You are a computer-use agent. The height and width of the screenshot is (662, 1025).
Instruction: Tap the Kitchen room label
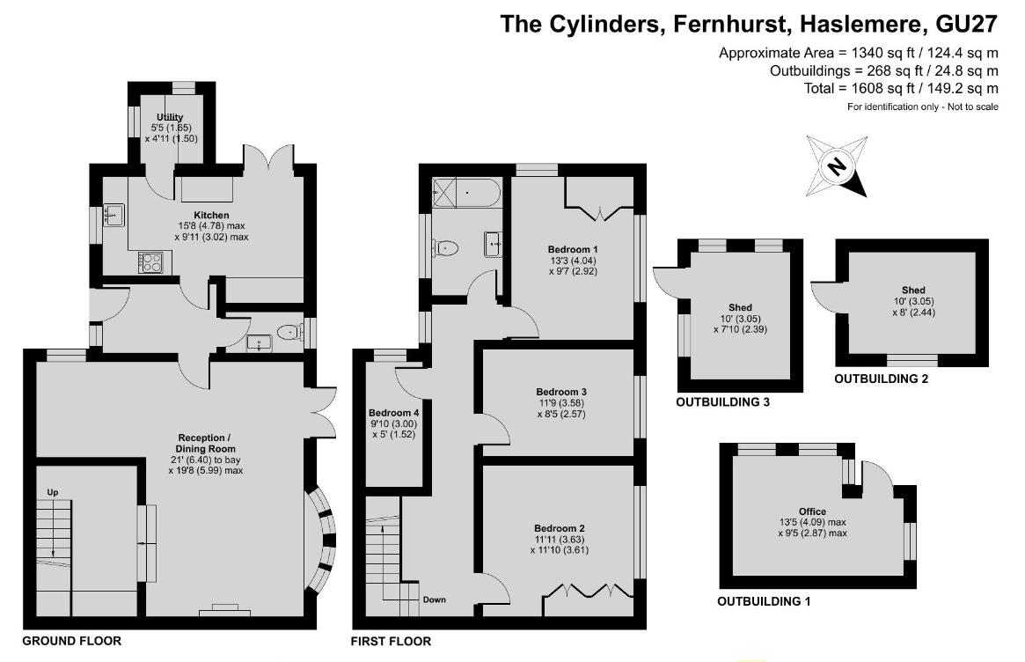coord(211,215)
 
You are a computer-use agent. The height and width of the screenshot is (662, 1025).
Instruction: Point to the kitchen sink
coord(113,215)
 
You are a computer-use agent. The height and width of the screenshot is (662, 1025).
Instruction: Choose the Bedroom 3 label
coord(561,392)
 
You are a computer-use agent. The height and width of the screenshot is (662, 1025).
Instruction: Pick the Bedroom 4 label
coord(393,413)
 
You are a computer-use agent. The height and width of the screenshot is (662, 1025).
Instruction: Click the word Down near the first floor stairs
coord(434,599)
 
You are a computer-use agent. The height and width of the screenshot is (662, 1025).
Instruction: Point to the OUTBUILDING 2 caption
coord(881,379)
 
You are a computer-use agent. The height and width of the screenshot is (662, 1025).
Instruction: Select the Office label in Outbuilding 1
coord(812,511)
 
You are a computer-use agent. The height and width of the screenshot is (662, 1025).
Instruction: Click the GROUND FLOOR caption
coord(71,641)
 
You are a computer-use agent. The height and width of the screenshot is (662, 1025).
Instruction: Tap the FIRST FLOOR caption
coord(391,641)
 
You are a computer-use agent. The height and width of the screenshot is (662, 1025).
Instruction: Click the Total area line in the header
coord(901,89)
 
